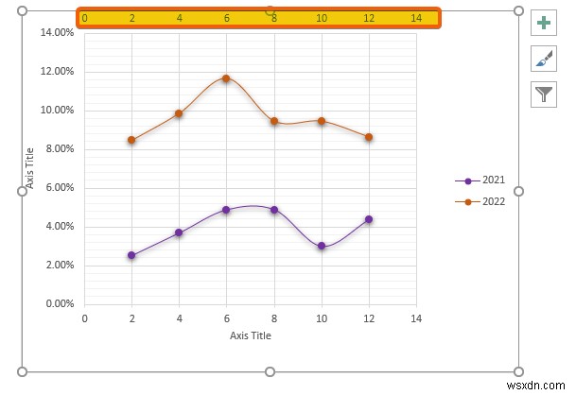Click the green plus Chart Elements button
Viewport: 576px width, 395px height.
tap(544, 24)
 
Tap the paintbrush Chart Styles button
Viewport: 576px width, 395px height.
tap(544, 59)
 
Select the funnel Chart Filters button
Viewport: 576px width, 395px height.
tap(544, 93)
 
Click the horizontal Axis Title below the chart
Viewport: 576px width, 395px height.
tap(250, 335)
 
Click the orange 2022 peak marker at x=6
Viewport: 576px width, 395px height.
tap(226, 78)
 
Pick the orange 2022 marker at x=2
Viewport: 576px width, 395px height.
tap(131, 140)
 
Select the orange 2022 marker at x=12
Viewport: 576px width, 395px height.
tap(368, 137)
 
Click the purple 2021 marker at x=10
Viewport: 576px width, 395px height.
tap(322, 246)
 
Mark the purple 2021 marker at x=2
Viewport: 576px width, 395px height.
tap(131, 255)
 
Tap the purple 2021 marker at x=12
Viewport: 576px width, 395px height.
tap(368, 219)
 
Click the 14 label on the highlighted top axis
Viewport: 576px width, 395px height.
tap(416, 18)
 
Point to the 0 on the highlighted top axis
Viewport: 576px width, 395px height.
tap(85, 18)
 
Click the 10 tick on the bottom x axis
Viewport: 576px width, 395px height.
tap(322, 319)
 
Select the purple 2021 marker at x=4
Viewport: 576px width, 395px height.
tap(179, 232)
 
